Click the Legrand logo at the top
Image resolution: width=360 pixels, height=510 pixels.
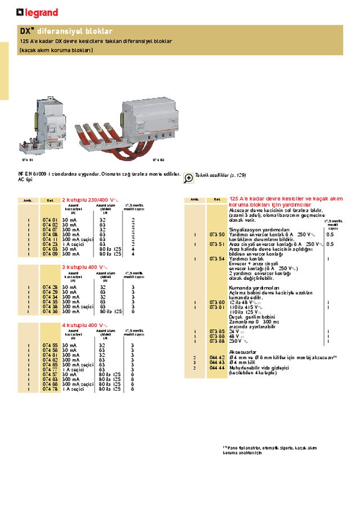point(37,12)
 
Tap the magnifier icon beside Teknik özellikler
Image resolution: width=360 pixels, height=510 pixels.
point(188,178)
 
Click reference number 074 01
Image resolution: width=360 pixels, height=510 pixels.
point(50,220)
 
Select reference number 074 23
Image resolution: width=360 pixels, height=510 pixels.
point(50,244)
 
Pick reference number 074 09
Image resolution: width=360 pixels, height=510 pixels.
point(50,254)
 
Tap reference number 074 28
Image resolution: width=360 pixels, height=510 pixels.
point(50,287)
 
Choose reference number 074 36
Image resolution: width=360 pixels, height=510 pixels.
point(50,311)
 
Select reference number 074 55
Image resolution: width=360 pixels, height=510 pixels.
point(50,345)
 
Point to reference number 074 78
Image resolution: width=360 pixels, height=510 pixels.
point(50,389)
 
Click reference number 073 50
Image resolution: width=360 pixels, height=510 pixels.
point(217,234)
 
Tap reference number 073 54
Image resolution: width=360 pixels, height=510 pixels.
point(217,258)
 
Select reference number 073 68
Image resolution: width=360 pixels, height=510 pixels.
point(217,341)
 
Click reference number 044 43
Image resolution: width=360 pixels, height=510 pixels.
point(217,363)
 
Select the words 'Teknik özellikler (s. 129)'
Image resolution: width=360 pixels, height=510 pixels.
point(220,176)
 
